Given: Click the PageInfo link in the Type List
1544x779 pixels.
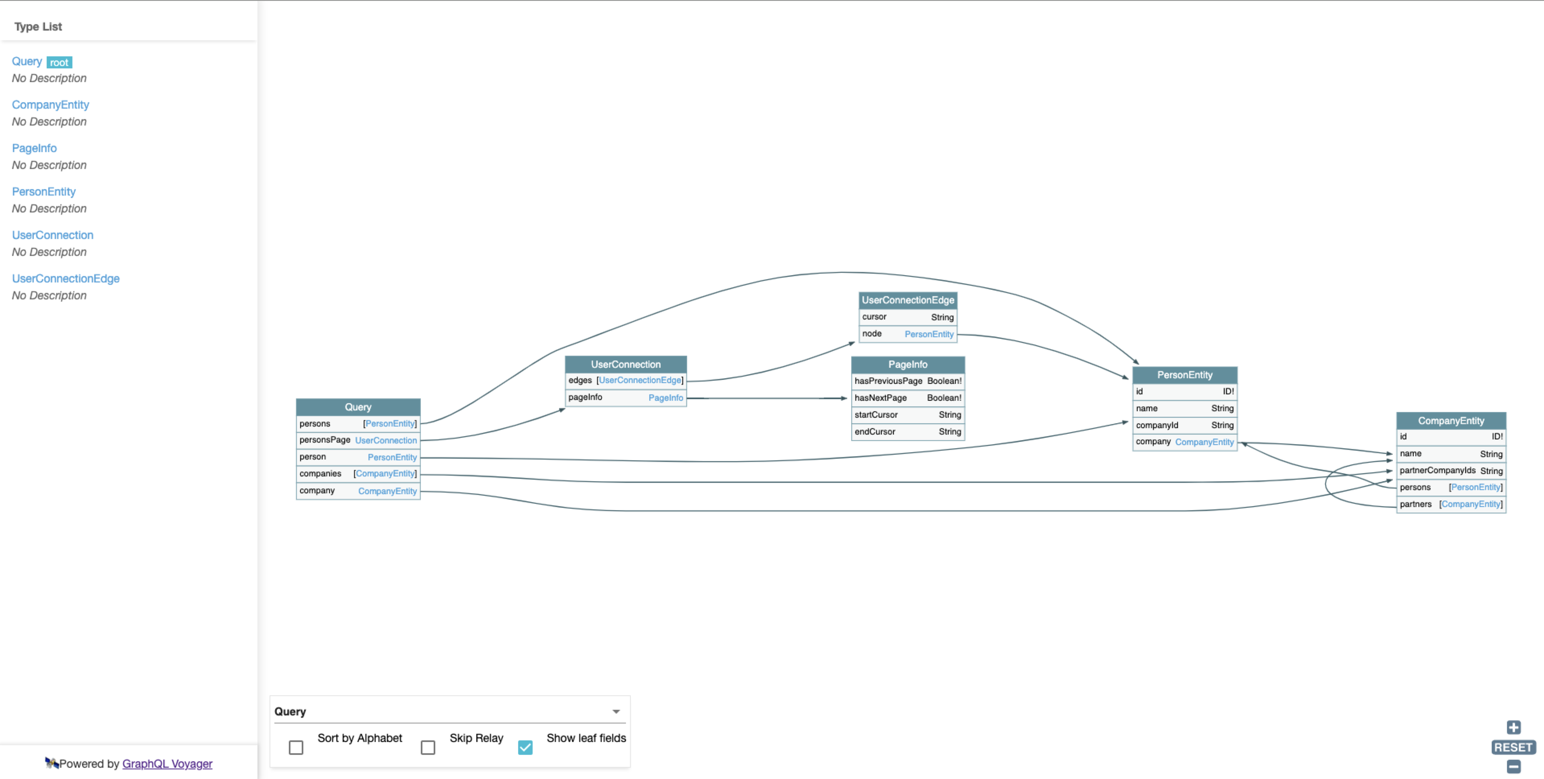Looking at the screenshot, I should pyautogui.click(x=34, y=148).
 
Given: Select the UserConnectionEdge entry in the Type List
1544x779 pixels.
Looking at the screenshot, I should pyautogui.click(x=65, y=278).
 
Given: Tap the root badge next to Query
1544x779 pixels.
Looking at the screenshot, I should pyautogui.click(x=59, y=62).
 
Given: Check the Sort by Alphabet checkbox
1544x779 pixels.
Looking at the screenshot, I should pyautogui.click(x=296, y=747).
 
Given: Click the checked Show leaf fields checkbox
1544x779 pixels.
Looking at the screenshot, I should pyautogui.click(x=525, y=747).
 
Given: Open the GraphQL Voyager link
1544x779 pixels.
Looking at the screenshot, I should pyautogui.click(x=167, y=763).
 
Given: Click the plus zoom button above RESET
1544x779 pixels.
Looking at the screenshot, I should pyautogui.click(x=1513, y=727).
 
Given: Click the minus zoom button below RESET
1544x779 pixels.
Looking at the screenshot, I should pyautogui.click(x=1513, y=767).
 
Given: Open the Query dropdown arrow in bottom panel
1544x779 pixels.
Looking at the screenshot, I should pyautogui.click(x=616, y=712).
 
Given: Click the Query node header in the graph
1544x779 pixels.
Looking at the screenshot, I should pyautogui.click(x=358, y=406).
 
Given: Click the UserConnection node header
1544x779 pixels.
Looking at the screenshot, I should pyautogui.click(x=625, y=364).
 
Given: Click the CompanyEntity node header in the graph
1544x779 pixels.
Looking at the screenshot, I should pyautogui.click(x=1451, y=420).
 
